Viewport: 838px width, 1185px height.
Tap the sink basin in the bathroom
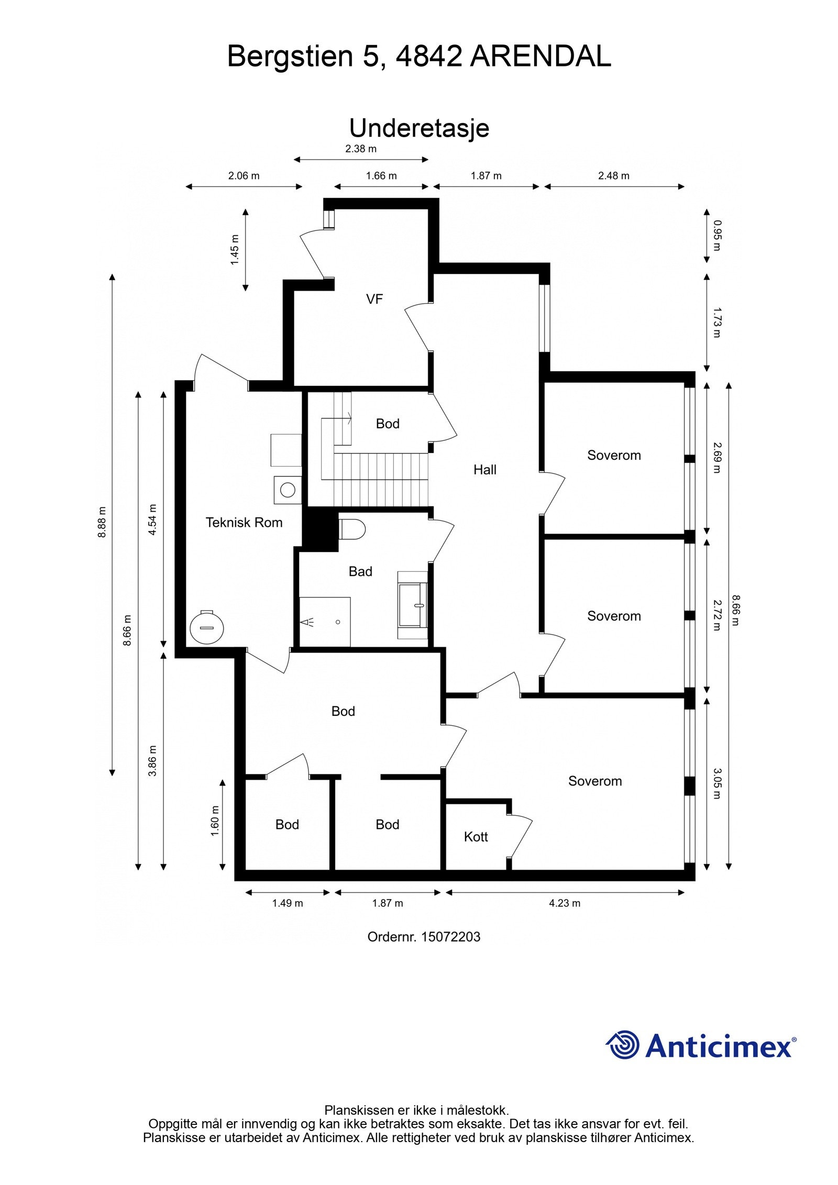(x=413, y=605)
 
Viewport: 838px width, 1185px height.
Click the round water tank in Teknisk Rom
(x=207, y=627)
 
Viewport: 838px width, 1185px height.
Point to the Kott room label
(x=476, y=837)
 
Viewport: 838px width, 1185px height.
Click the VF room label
(x=374, y=299)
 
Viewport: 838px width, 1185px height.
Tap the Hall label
(x=484, y=470)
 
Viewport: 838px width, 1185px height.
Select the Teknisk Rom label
(x=244, y=522)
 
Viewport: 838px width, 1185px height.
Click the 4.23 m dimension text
(x=565, y=903)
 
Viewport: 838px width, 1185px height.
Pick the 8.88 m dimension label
(x=102, y=522)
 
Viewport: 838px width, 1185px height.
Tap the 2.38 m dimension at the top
(x=361, y=149)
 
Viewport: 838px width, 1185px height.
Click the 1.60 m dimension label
(x=215, y=821)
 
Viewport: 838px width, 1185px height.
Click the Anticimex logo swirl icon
(x=623, y=1045)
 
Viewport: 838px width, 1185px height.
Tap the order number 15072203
(x=450, y=937)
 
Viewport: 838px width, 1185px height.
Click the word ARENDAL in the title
(x=540, y=56)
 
